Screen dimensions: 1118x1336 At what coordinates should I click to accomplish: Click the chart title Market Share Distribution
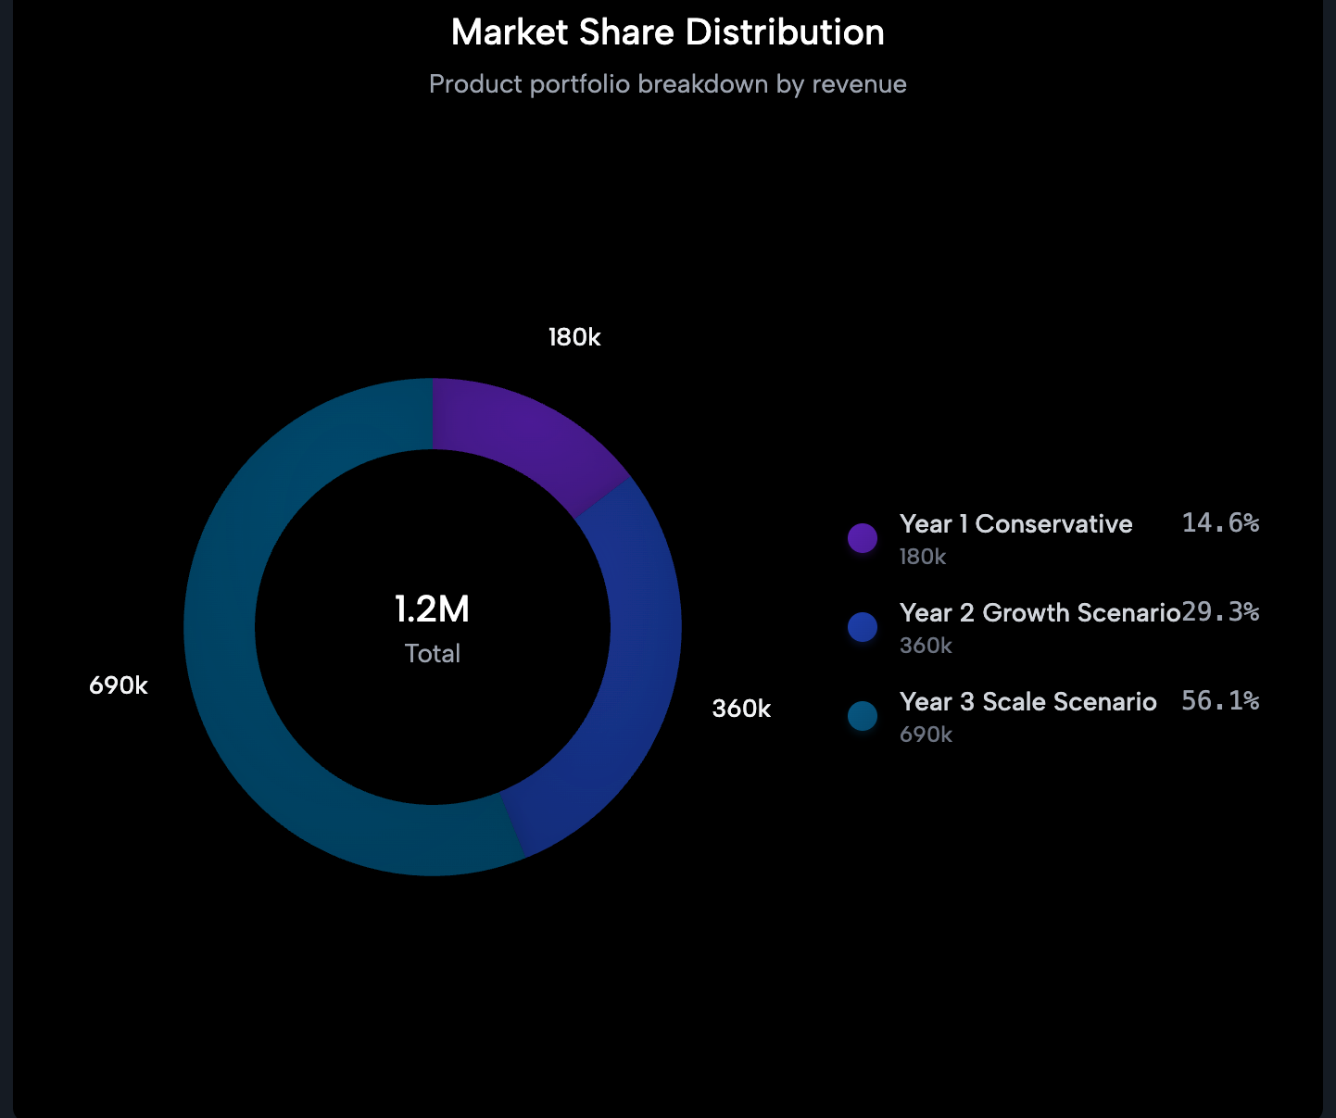[x=667, y=32]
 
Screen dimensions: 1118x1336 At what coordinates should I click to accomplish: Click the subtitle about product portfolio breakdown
[x=667, y=84]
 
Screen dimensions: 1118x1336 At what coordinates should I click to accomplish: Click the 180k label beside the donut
[x=574, y=338]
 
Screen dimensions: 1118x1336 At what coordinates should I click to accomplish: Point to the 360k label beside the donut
[x=741, y=710]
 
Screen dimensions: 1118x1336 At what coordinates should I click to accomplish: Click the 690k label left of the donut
[x=119, y=686]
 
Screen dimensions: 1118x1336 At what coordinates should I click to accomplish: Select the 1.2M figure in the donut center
[x=432, y=609]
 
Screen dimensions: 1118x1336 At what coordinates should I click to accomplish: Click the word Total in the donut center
[x=432, y=654]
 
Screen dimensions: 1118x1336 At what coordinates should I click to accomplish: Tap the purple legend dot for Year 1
[x=863, y=538]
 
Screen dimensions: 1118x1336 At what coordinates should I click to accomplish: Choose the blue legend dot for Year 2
[x=863, y=627]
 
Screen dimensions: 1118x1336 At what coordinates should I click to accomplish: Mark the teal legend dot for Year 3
[x=863, y=716]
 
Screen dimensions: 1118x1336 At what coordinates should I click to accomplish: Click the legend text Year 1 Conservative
[x=1015, y=524]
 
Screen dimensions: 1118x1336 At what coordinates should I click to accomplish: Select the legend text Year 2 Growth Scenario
[x=1040, y=613]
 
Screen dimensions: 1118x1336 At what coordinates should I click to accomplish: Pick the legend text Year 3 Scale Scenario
[x=1027, y=702]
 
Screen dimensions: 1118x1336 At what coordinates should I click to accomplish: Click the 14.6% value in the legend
[x=1220, y=523]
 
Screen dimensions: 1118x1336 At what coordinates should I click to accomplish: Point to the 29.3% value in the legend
[x=1220, y=612]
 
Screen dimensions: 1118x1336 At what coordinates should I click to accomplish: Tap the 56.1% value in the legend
[x=1220, y=701]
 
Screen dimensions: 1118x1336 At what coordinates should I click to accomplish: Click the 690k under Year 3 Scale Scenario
[x=926, y=735]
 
